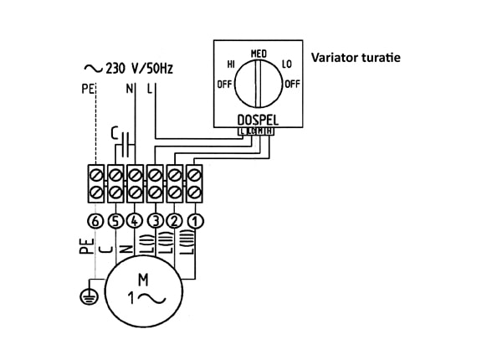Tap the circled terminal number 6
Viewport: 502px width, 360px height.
click(95, 222)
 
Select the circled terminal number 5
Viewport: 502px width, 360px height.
click(115, 222)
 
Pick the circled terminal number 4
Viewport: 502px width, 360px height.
click(135, 222)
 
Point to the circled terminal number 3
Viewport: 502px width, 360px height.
click(155, 222)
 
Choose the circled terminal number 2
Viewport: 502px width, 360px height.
click(174, 222)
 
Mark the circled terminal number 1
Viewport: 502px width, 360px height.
click(194, 222)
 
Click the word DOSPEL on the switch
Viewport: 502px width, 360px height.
click(257, 120)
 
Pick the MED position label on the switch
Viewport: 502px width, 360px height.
click(258, 54)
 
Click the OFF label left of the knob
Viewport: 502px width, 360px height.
click(224, 85)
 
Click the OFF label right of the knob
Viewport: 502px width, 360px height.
click(292, 85)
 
